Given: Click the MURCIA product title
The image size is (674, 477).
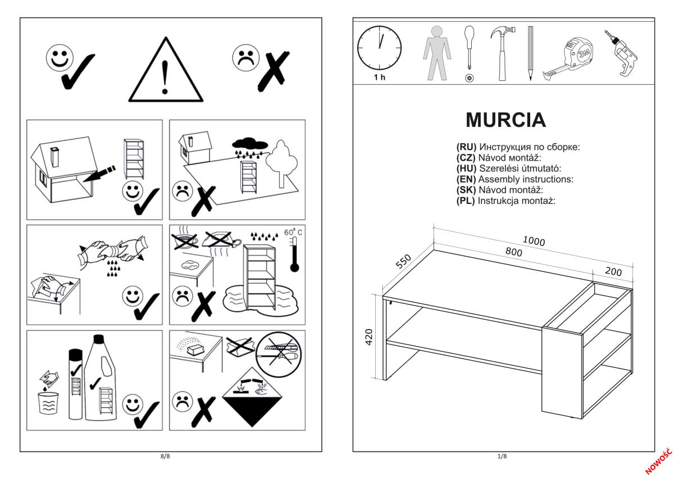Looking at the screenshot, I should (505, 120).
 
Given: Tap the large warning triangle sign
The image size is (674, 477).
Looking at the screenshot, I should (165, 72).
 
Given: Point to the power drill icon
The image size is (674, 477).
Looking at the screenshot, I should (623, 54).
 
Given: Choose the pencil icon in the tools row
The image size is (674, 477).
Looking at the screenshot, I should (530, 53).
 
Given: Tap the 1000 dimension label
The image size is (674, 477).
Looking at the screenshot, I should (534, 240).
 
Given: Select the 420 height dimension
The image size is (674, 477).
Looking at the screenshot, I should (370, 338).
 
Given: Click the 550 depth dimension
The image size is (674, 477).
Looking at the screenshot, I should (404, 262).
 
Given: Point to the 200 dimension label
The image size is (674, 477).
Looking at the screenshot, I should (613, 271).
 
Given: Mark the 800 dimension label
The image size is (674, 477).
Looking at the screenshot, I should (513, 252).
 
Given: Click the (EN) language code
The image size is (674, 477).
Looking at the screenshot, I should (466, 179).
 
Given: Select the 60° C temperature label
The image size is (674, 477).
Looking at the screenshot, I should (292, 233).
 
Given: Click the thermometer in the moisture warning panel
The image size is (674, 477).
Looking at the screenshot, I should (293, 255).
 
